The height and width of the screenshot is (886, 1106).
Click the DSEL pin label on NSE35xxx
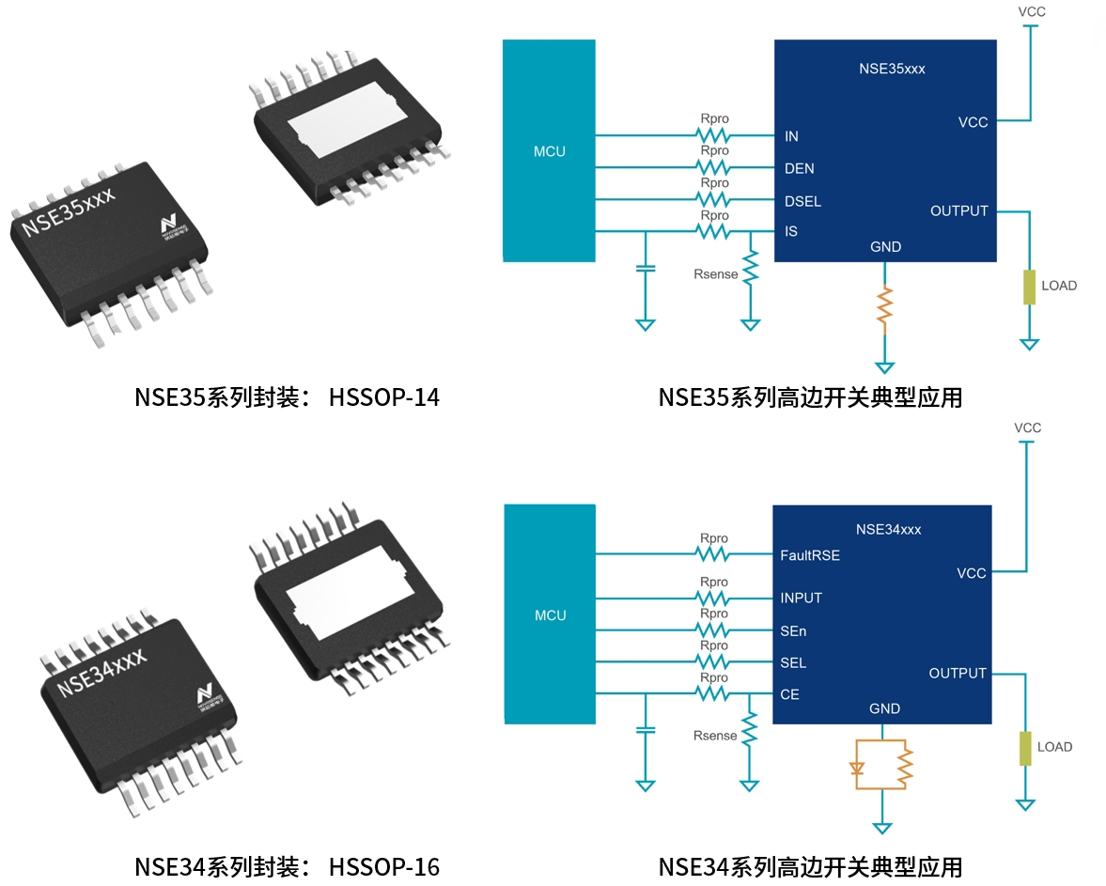pyautogui.click(x=802, y=201)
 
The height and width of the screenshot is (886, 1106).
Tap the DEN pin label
pyautogui.click(x=800, y=169)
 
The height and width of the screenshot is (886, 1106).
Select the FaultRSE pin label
pyautogui.click(x=810, y=555)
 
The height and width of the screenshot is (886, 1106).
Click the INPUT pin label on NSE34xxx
pyautogui.click(x=802, y=598)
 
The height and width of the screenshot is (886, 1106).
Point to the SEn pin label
pyautogui.click(x=793, y=631)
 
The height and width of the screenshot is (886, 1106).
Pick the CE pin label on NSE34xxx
pyautogui.click(x=790, y=695)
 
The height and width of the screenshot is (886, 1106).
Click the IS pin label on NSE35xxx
pyautogui.click(x=791, y=231)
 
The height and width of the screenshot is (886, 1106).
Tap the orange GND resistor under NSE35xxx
pyautogui.click(x=883, y=308)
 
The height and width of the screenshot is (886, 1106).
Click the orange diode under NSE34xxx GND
pyautogui.click(x=856, y=768)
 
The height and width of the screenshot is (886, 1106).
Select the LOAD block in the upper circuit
pyautogui.click(x=1030, y=286)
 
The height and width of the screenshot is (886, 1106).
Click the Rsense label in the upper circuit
pyautogui.click(x=715, y=274)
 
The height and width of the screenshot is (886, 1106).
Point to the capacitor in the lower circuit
pyautogui.click(x=645, y=729)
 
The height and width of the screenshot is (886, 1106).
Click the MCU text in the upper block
pyautogui.click(x=550, y=151)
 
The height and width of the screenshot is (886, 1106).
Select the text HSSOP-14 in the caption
pyautogui.click(x=384, y=398)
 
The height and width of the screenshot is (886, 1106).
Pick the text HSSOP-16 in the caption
pyautogui.click(x=384, y=866)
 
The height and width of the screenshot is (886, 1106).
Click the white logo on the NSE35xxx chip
pyautogui.click(x=168, y=225)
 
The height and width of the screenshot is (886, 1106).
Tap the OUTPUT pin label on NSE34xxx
pyautogui.click(x=958, y=674)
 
